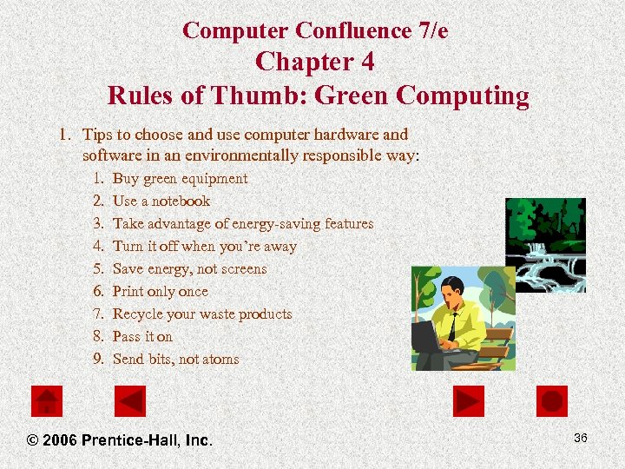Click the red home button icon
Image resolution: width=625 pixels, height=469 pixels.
(46, 401)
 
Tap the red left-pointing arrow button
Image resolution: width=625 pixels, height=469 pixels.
(130, 401)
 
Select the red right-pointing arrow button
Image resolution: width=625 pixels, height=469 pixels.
(468, 401)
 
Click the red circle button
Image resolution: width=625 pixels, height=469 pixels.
(552, 401)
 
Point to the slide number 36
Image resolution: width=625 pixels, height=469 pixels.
(580, 438)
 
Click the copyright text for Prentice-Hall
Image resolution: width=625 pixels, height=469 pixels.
(120, 440)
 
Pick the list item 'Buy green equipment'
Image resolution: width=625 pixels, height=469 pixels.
(180, 179)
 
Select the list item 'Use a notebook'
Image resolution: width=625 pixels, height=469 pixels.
(161, 201)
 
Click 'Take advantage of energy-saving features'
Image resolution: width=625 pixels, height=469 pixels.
(243, 224)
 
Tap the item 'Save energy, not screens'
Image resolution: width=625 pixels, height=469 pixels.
(189, 269)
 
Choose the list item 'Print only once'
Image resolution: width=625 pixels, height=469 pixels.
(161, 292)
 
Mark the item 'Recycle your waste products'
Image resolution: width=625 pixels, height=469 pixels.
(202, 314)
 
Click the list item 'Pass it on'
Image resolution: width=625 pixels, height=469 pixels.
(142, 337)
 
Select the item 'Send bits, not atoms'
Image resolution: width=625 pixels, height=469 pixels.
(175, 360)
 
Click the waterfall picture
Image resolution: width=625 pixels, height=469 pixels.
(545, 244)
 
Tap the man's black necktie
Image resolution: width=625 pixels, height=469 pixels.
(452, 325)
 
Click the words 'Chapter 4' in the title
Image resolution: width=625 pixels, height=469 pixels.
(315, 63)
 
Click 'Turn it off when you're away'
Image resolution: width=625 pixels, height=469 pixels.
(204, 247)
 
